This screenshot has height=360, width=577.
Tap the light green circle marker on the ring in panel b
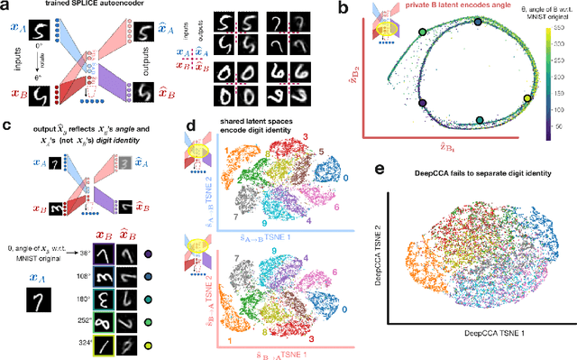click(x=423, y=33)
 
